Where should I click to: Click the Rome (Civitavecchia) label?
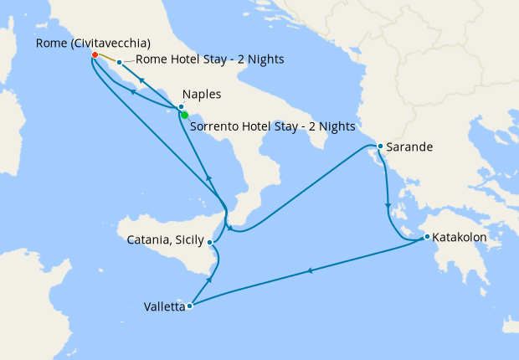(x=95, y=43)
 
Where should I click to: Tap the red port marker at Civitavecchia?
(x=95, y=55)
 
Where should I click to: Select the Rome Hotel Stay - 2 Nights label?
(x=209, y=59)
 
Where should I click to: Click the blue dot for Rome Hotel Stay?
(x=120, y=62)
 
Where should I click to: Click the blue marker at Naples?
(x=180, y=107)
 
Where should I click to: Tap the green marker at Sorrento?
(x=184, y=116)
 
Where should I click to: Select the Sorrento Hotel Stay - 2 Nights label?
(x=272, y=127)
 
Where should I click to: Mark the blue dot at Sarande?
(x=380, y=147)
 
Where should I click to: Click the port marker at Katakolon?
(x=427, y=237)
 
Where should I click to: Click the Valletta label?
(x=158, y=307)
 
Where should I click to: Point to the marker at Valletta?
(x=190, y=306)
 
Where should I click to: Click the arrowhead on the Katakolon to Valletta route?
(x=311, y=270)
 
